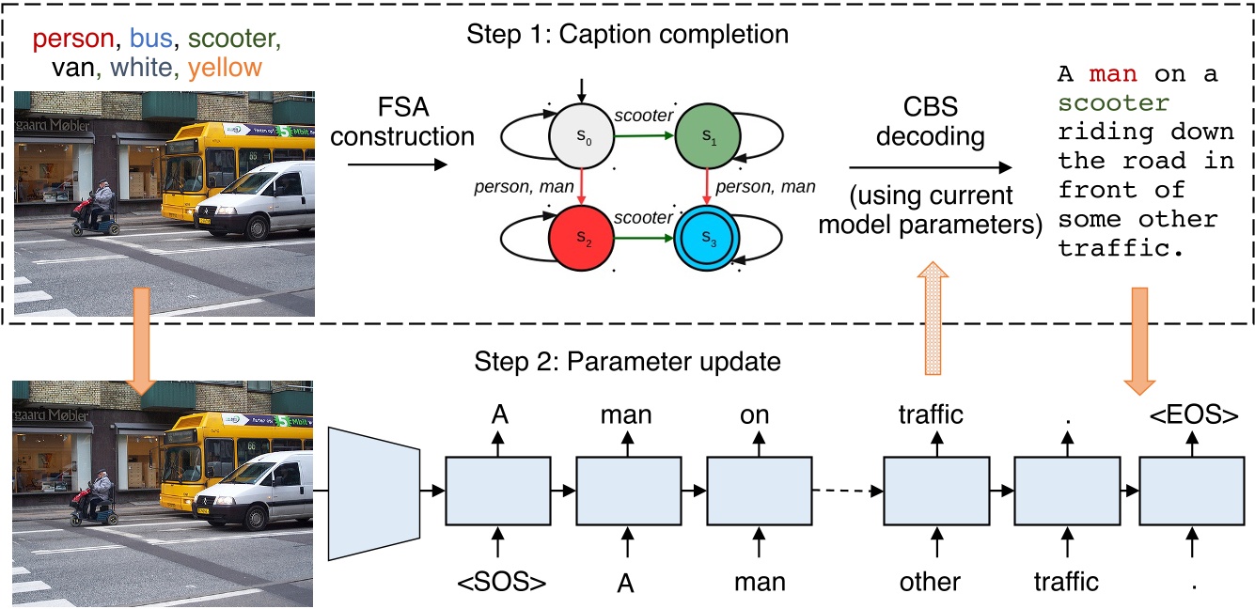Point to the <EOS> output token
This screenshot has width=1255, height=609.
[1191, 414]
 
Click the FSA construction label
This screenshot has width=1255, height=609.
[411, 121]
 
